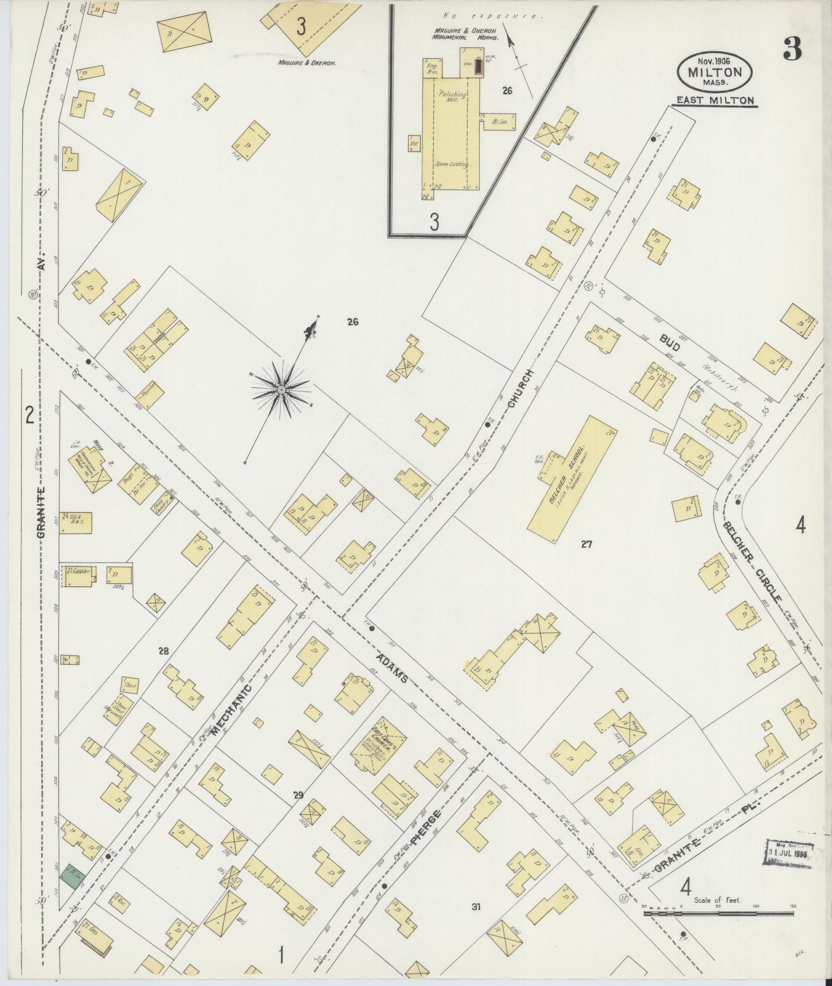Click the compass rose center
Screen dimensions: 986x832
click(282, 390)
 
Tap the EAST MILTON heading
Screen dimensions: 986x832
click(714, 101)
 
